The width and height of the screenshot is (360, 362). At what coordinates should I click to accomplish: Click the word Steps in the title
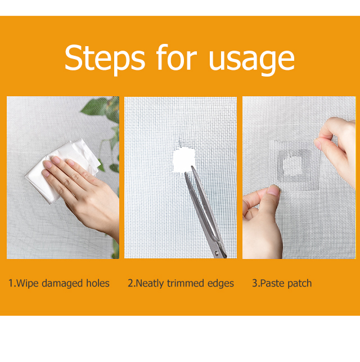(x=105, y=58)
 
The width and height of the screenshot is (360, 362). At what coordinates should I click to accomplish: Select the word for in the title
(x=177, y=57)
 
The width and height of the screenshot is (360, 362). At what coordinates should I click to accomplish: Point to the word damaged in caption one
(x=62, y=283)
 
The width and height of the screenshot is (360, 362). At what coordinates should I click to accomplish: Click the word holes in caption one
(x=98, y=283)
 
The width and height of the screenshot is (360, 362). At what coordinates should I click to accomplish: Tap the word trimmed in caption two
(x=186, y=283)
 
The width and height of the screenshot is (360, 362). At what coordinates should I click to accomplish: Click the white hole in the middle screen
(x=184, y=160)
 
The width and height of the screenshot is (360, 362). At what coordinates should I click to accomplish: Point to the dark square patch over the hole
(x=293, y=166)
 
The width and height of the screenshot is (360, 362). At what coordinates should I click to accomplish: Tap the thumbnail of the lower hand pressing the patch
(x=274, y=191)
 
